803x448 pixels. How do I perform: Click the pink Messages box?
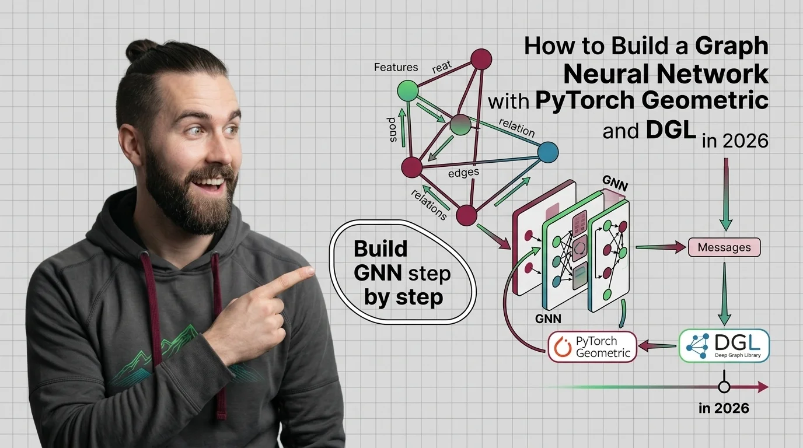click(x=724, y=247)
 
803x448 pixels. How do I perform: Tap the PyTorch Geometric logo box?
click(x=592, y=346)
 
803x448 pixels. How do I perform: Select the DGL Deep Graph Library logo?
click(x=724, y=345)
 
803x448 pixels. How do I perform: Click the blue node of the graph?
click(x=547, y=152)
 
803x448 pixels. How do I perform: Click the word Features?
click(x=396, y=67)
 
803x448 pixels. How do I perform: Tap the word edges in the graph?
click(x=463, y=173)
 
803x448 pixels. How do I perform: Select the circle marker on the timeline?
click(x=724, y=386)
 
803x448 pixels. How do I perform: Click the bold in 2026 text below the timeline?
click(x=723, y=408)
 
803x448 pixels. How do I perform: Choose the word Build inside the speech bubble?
click(x=380, y=249)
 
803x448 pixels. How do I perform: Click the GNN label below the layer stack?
click(x=548, y=318)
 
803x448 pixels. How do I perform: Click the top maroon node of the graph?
click(x=481, y=58)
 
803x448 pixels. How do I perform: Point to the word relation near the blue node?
click(x=516, y=127)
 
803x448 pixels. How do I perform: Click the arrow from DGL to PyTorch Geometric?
click(x=657, y=346)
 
